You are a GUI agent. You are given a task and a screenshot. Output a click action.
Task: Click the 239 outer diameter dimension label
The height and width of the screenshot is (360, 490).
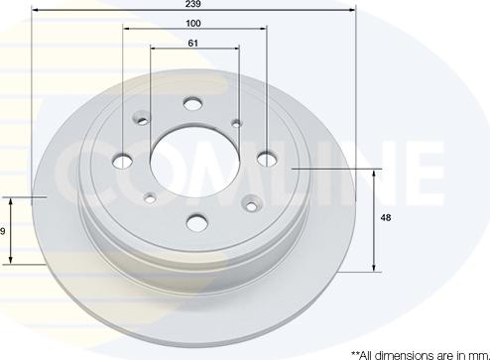pos(193,4)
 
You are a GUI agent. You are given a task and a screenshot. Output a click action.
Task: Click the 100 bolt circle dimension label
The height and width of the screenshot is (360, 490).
pos(193,24)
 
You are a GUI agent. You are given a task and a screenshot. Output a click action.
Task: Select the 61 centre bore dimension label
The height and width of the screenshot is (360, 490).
pos(193,44)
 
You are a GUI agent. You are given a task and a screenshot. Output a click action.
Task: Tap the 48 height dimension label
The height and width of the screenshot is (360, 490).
pos(386,218)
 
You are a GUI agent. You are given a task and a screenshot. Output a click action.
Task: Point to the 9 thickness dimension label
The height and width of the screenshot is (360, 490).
pos(2,231)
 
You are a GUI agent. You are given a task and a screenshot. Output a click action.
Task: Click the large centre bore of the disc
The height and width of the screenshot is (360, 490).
pos(195,162)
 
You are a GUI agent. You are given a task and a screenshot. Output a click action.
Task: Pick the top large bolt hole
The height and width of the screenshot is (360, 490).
pos(193,103)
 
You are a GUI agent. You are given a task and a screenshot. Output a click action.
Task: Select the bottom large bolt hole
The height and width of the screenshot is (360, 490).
pos(196,222)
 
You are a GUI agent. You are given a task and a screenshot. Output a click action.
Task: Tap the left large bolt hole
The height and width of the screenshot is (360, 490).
pos(123,162)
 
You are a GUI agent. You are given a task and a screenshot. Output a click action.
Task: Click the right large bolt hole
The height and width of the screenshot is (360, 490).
pos(267,160)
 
